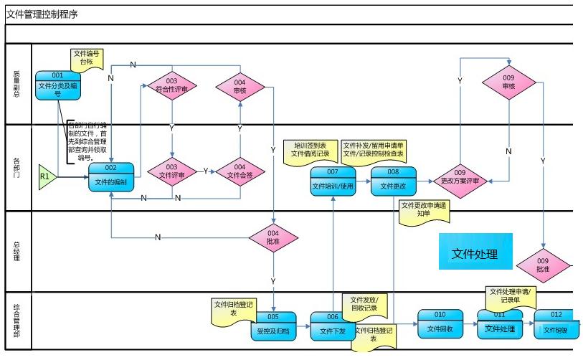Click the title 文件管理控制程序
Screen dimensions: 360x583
(x=42, y=13)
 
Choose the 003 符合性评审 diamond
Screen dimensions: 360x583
(x=172, y=86)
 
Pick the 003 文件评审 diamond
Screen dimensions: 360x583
(x=172, y=171)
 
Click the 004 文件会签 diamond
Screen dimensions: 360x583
(x=240, y=171)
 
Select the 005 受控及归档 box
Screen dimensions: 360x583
(x=272, y=326)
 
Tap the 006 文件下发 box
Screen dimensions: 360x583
(x=333, y=326)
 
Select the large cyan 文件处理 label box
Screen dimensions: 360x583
(x=475, y=252)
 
